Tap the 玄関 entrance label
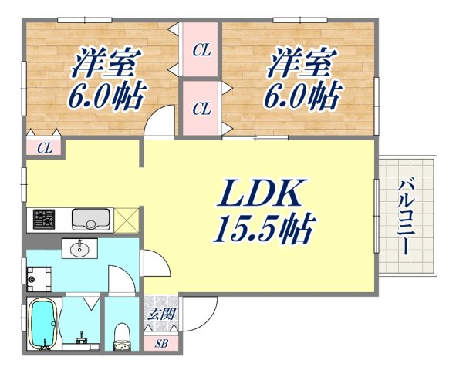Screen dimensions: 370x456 pos(161,314)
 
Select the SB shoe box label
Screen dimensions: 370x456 pos(161,342)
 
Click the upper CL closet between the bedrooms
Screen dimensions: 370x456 pos(201,52)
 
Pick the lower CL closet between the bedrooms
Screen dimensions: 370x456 pos(201,109)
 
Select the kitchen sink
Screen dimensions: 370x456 pos(91,220)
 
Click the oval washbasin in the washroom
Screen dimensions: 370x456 pos(79,248)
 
